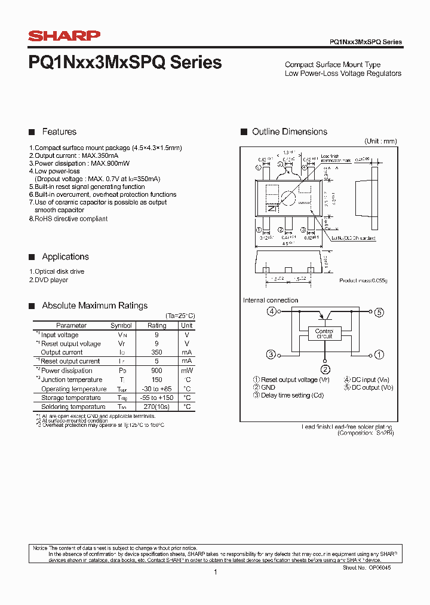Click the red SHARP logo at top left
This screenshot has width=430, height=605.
[x=64, y=36]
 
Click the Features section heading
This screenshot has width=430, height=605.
[x=59, y=132]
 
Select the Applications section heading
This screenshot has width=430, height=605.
[x=65, y=256]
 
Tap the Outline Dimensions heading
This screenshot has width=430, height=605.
[x=290, y=132]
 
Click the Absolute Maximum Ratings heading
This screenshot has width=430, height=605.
[x=94, y=305]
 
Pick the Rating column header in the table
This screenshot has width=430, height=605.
[x=156, y=326]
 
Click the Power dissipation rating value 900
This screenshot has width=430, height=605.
[x=156, y=371]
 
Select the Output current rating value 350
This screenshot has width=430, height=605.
[x=156, y=353]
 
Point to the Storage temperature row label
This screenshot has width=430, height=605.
[x=70, y=398]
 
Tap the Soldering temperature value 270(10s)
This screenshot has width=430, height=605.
[x=156, y=407]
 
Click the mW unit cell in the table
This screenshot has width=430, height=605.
[x=187, y=371]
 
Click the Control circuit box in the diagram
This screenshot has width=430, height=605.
[x=325, y=334]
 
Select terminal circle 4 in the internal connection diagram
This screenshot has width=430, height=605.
[x=272, y=311]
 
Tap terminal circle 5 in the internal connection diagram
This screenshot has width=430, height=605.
[x=379, y=311]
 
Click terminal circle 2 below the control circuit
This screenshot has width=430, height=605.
[x=325, y=369]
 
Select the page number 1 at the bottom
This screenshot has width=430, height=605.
[x=215, y=572]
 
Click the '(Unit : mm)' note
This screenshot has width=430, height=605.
[x=380, y=141]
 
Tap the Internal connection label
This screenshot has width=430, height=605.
[x=271, y=300]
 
